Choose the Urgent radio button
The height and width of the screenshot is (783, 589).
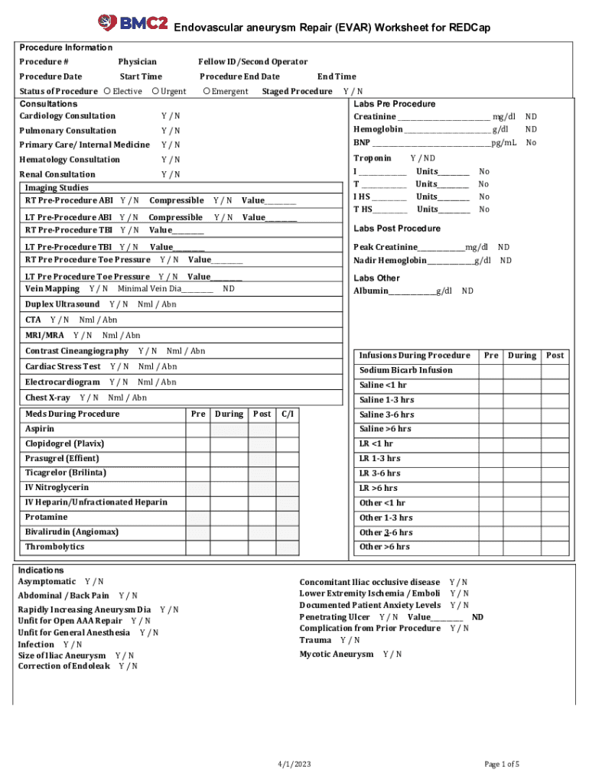tap(155, 92)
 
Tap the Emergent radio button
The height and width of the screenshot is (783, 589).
tap(207, 92)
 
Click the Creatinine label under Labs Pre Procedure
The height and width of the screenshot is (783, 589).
tap(375, 116)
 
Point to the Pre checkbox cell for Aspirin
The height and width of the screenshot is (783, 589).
tap(197, 429)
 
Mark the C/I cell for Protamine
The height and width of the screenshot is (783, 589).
tap(288, 518)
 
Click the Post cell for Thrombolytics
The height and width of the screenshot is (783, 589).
tap(262, 547)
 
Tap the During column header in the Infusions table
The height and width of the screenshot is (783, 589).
tap(522, 356)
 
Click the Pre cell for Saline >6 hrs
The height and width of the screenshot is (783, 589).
tap(491, 429)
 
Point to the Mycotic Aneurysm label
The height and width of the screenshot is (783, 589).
tap(337, 655)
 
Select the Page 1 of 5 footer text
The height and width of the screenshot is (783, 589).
tap(502, 765)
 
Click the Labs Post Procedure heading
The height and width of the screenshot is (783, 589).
tap(397, 229)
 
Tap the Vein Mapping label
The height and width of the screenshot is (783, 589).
tap(52, 289)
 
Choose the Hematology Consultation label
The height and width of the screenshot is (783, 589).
tap(70, 160)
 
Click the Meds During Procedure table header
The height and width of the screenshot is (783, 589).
tap(72, 414)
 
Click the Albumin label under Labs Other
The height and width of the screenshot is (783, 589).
tap(371, 291)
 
